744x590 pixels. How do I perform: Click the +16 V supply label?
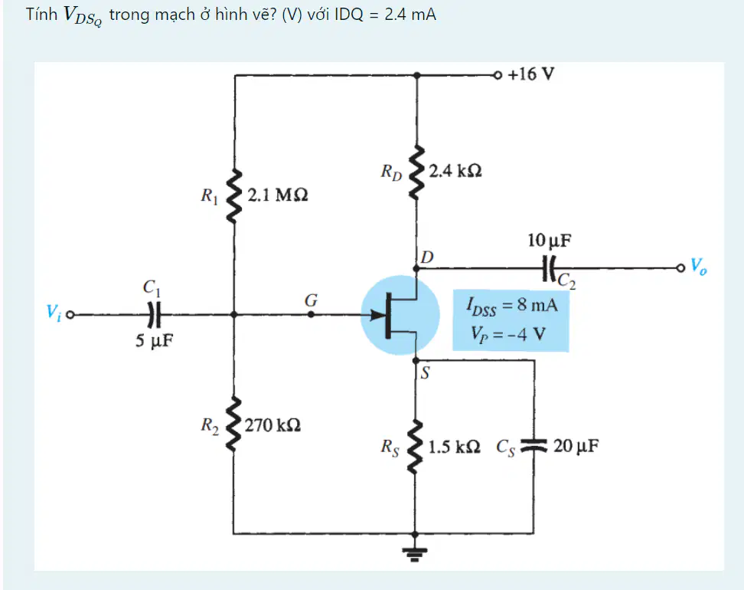pyautogui.click(x=531, y=74)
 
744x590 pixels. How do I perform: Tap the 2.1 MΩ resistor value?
pyautogui.click(x=278, y=195)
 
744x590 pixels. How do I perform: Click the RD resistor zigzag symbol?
pyautogui.click(x=416, y=172)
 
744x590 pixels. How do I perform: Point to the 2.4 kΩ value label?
pyautogui.click(x=455, y=171)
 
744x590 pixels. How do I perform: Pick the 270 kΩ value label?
pyautogui.click(x=272, y=424)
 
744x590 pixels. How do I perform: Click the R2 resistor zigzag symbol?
pyautogui.click(x=233, y=424)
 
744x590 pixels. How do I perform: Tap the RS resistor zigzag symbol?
pyautogui.click(x=415, y=447)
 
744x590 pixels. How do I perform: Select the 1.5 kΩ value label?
pyautogui.click(x=454, y=447)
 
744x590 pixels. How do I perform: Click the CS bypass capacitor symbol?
pyautogui.click(x=534, y=445)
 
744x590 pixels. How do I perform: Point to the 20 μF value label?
pyautogui.click(x=576, y=446)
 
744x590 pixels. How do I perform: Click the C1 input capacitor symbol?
pyautogui.click(x=154, y=314)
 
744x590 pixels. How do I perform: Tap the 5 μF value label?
pyautogui.click(x=154, y=341)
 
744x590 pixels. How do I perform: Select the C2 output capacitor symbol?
pyautogui.click(x=550, y=269)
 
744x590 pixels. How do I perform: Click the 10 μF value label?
pyautogui.click(x=550, y=241)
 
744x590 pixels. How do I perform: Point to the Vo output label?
pyautogui.click(x=698, y=266)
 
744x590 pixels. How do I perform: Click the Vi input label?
pyautogui.click(x=54, y=312)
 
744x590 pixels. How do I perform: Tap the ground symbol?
pyautogui.click(x=415, y=553)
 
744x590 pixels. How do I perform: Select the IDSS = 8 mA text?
pyautogui.click(x=512, y=306)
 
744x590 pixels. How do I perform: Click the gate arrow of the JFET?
pyautogui.click(x=379, y=314)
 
